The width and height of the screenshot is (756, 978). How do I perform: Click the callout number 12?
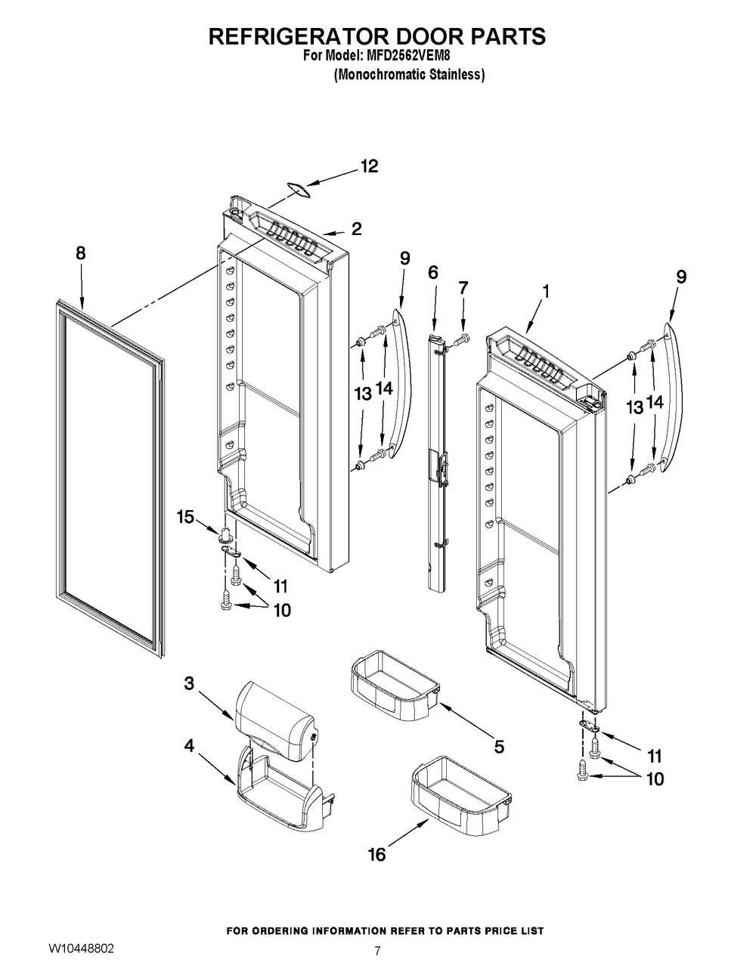369,166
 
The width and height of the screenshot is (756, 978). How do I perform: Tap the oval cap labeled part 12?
299,190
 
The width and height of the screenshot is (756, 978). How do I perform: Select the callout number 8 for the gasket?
81,253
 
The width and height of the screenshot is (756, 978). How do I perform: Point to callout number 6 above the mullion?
433,272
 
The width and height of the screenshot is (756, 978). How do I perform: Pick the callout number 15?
186,517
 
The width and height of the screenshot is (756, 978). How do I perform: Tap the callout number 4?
189,746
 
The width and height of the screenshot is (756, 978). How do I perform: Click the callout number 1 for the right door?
546,292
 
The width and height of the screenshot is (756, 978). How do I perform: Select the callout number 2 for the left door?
356,229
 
